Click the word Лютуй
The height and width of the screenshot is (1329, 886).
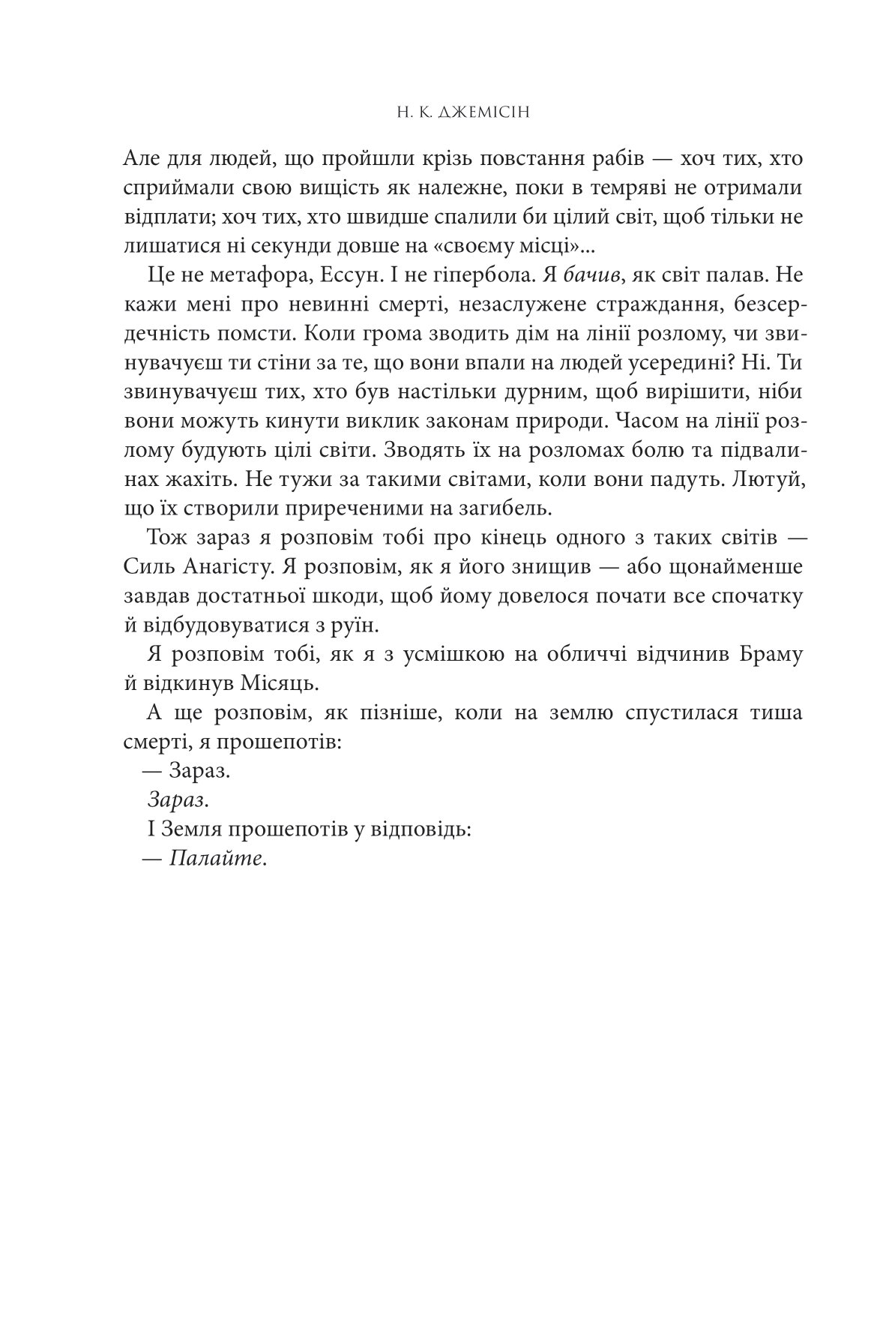point(774,478)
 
